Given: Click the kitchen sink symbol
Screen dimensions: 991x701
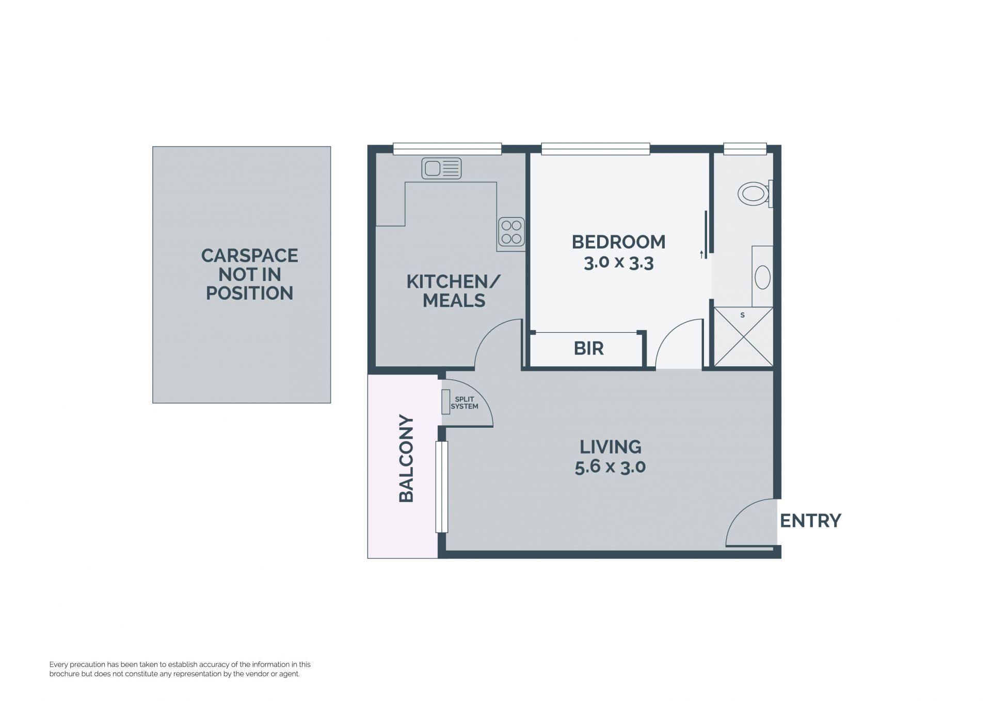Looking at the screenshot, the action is (x=441, y=168).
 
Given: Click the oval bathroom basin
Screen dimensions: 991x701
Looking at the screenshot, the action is (x=762, y=277).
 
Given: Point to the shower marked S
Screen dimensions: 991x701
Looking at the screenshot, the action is (x=743, y=337).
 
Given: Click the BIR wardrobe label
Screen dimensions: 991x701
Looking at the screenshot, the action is (x=588, y=349).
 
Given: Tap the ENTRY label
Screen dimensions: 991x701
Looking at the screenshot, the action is (x=810, y=521).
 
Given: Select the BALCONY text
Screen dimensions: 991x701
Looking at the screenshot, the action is (x=407, y=458).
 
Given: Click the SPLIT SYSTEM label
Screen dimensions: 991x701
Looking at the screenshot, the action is (x=465, y=403).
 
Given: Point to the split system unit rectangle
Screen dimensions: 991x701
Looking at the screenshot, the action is (x=445, y=401).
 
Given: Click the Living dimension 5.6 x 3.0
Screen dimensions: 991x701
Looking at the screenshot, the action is (x=610, y=467).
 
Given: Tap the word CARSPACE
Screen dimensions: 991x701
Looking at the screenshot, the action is (x=249, y=256).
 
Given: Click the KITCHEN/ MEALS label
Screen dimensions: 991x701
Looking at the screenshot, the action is (x=454, y=291).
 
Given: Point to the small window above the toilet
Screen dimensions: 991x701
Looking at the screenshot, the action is (x=745, y=149).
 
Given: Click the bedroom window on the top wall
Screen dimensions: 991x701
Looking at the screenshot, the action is (x=595, y=149).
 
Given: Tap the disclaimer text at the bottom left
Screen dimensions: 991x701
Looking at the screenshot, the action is (x=180, y=669).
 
